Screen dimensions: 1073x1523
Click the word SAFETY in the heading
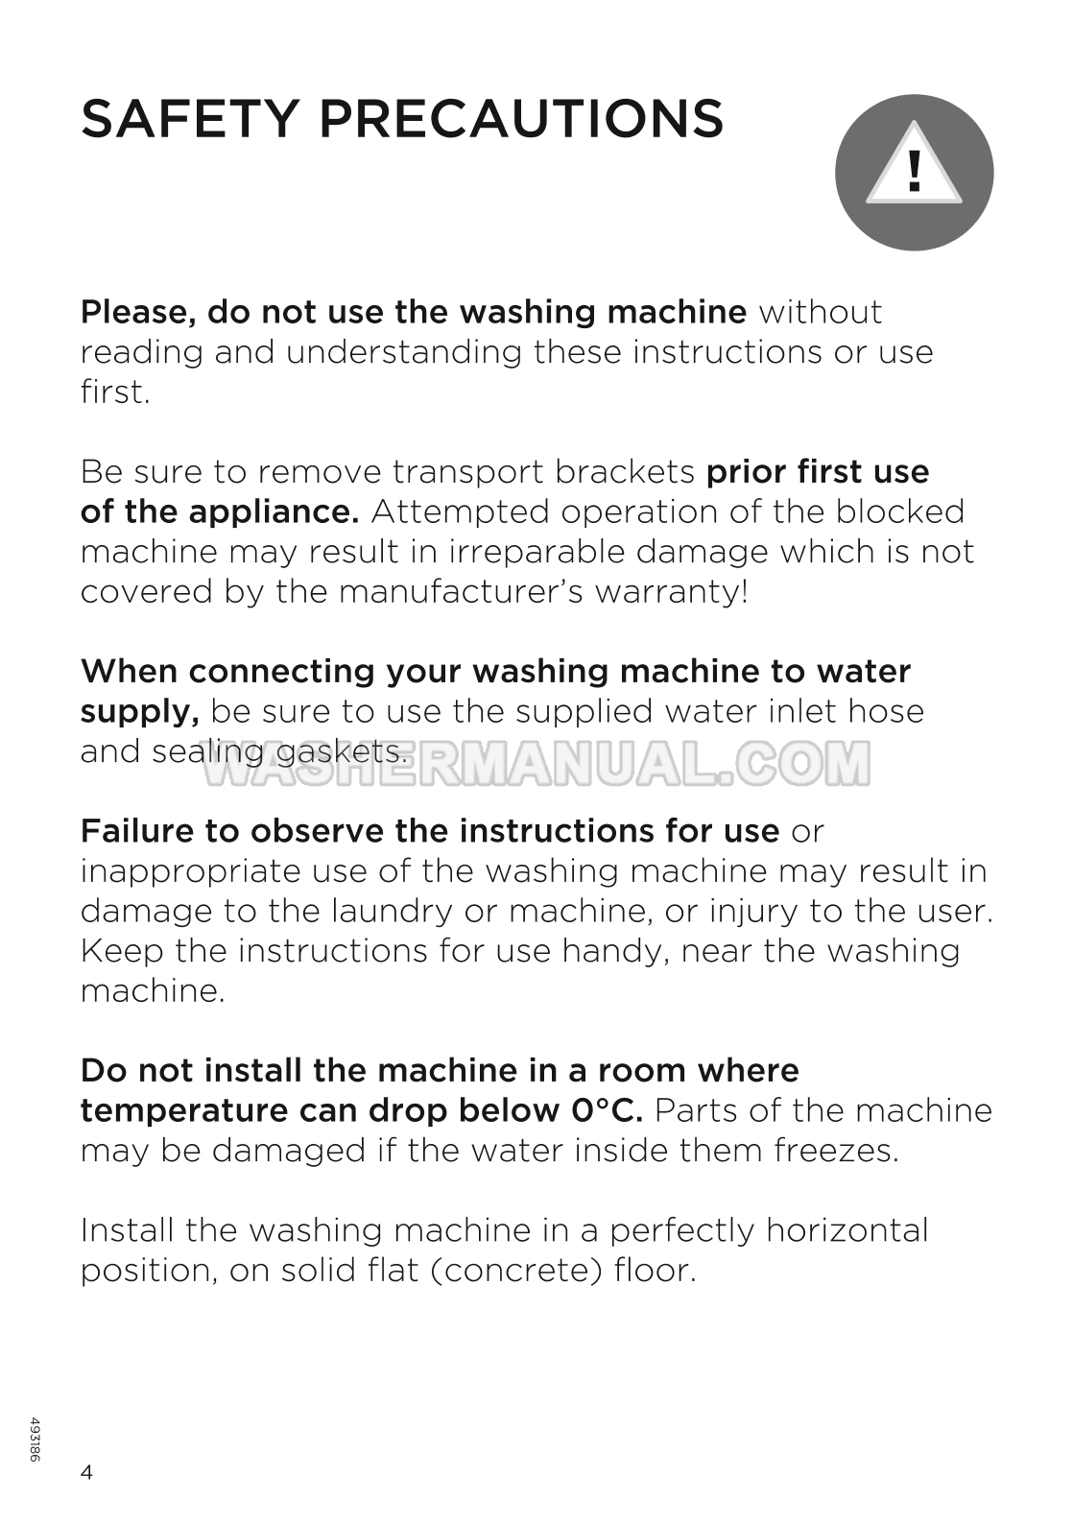coord(190,119)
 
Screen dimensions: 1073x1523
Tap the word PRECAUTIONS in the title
coord(521,119)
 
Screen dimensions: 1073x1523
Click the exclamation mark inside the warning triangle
coord(915,171)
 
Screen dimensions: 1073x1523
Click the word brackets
coord(625,472)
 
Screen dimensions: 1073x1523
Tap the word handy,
coord(616,953)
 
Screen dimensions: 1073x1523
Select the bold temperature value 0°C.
coord(607,1111)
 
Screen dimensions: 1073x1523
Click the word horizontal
coord(847,1231)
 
